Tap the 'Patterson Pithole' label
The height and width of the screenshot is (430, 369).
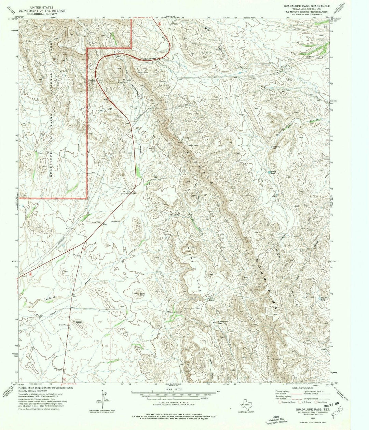[x=213, y=300]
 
